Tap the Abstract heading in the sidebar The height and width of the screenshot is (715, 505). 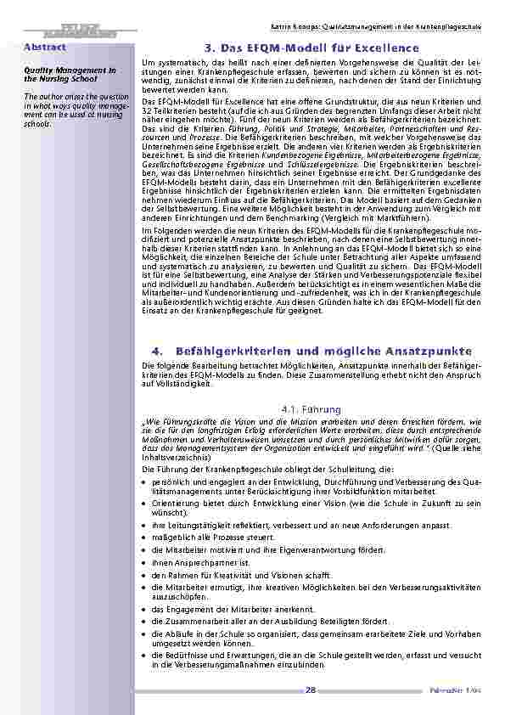tap(39, 47)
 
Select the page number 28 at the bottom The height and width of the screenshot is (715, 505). tap(311, 689)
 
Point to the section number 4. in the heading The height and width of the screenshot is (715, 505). tap(154, 351)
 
